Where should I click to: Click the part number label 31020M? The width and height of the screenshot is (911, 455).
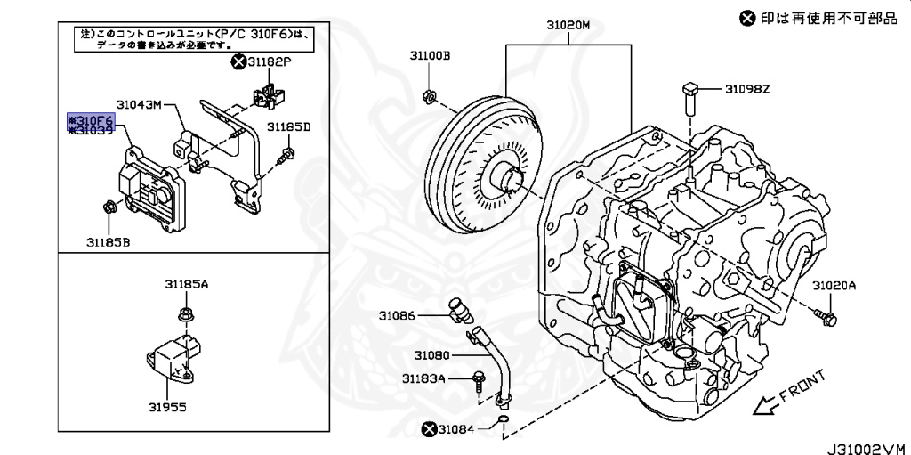pyautogui.click(x=568, y=26)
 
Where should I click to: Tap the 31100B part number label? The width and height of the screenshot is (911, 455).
pyautogui.click(x=430, y=55)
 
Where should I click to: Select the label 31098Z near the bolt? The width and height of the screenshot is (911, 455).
pyautogui.click(x=746, y=88)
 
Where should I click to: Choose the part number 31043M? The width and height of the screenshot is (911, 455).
pyautogui.click(x=139, y=104)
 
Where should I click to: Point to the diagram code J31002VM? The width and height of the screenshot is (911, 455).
pyautogui.click(x=860, y=445)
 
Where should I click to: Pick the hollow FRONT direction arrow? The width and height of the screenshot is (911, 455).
pyautogui.click(x=763, y=407)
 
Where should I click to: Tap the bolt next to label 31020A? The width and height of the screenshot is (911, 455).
pyautogui.click(x=825, y=313)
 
